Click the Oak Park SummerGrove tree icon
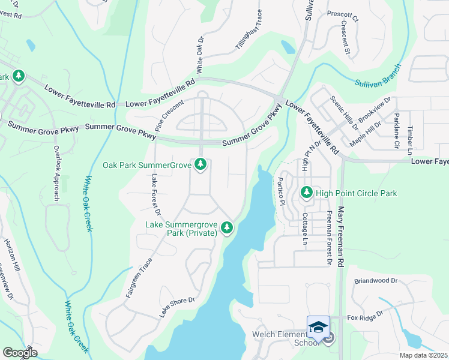[200, 164]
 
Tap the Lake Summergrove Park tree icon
[227, 227]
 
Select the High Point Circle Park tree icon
[307, 193]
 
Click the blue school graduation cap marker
[318, 327]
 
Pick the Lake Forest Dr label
[155, 194]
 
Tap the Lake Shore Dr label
[177, 307]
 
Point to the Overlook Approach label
[57, 173]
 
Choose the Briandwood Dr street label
[376, 280]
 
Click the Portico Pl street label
[280, 191]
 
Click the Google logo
[19, 353]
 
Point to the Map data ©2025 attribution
[423, 355]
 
